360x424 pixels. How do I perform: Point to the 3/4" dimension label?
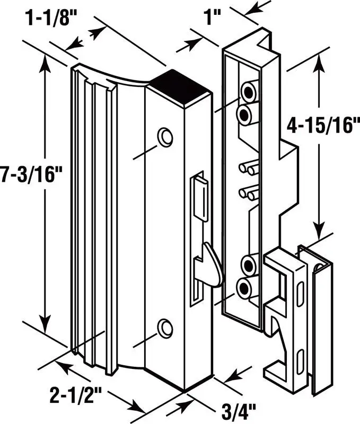click(238, 411)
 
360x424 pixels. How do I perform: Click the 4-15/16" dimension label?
click(323, 125)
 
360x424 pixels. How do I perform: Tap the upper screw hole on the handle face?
click(165, 137)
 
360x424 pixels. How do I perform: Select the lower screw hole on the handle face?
click(165, 328)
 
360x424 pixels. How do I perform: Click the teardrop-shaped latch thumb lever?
click(213, 264)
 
